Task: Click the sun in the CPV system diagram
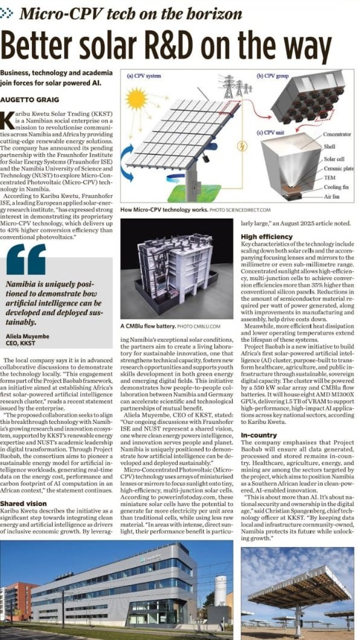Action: click(137, 98)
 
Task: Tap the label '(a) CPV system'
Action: click(145, 77)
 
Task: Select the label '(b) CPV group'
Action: click(276, 77)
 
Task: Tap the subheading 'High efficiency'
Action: click(266, 237)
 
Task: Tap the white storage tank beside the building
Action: click(220, 590)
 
